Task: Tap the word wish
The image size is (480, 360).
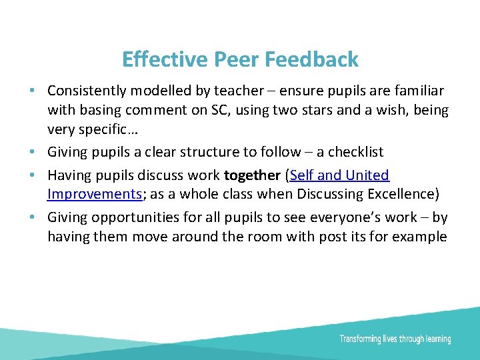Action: (x=389, y=109)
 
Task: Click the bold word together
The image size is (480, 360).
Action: (x=252, y=175)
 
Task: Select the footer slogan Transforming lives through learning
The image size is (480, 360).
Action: (x=395, y=339)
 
